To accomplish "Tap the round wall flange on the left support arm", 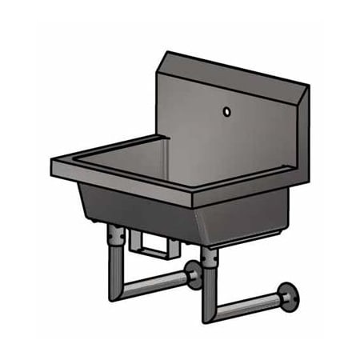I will [x=194, y=277].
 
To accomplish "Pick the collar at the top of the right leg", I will [x=210, y=255].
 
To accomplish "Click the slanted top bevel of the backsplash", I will [x=232, y=70].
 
